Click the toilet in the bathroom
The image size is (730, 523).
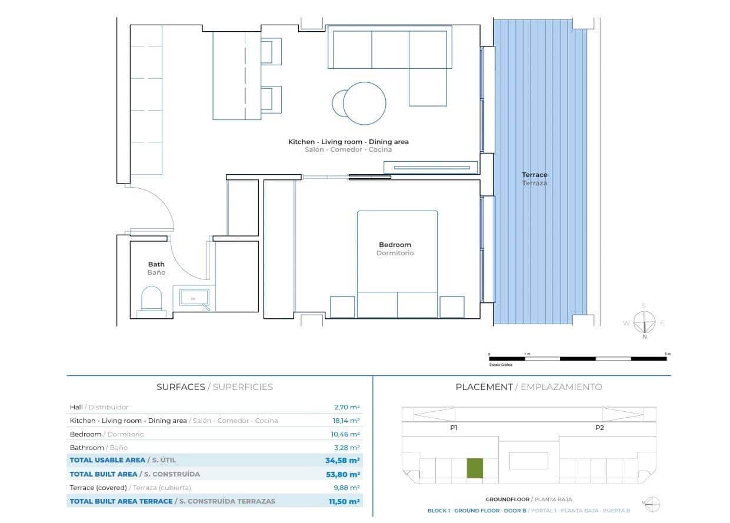(x=151, y=299)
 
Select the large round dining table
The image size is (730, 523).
(x=365, y=104)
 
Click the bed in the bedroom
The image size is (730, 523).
(x=397, y=259)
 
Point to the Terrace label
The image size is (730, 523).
(x=534, y=175)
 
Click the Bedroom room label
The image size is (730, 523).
(x=395, y=245)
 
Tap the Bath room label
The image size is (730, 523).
(x=156, y=264)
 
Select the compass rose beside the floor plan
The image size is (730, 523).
(x=644, y=322)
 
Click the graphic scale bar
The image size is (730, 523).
(x=578, y=358)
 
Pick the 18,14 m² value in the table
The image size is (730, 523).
(x=346, y=421)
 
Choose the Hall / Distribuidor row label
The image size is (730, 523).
(x=99, y=407)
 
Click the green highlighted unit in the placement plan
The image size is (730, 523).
(x=475, y=468)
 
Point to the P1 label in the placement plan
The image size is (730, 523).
(x=454, y=428)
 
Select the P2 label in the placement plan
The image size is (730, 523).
(x=599, y=428)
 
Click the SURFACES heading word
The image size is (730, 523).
(x=180, y=387)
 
